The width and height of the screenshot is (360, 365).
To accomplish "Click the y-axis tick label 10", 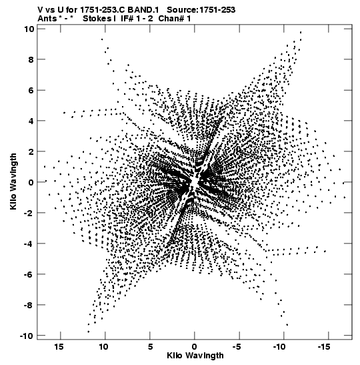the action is coord(29,29).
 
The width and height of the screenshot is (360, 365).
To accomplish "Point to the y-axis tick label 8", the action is coord(31,59).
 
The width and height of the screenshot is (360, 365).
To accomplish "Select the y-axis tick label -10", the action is coord(27,336).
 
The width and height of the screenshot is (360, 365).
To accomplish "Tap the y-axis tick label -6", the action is coord(29,274).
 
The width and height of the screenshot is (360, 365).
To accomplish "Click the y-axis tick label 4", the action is coord(31,121).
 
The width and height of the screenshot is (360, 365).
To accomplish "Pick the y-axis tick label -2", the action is coord(29,213).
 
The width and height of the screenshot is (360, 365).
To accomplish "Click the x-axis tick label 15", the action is coord(59,346).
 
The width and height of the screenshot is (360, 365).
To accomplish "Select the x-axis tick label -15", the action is coord(324,346).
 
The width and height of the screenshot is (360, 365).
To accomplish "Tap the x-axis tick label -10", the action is coord(279,346).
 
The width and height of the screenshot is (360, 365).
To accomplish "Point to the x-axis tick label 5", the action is coord(150,346).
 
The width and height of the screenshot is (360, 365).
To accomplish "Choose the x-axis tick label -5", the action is coord(237,346).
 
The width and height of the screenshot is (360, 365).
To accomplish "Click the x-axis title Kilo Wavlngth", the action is coord(195,356).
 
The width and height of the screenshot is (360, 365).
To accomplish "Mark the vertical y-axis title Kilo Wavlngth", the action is coord(13,181).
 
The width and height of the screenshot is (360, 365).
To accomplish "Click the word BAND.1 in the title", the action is coord(143,10).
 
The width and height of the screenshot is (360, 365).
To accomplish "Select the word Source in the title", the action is coord(182,10).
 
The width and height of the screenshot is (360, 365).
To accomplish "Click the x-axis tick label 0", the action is coord(195,346).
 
